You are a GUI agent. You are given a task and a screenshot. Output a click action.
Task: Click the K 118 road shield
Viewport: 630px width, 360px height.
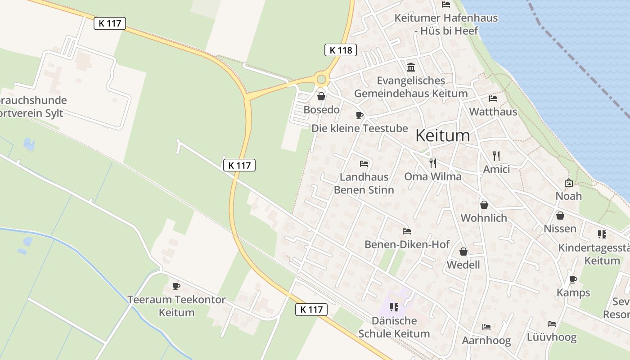[x=341, y=50]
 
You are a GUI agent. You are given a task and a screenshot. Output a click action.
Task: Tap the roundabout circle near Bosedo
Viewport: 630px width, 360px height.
[x=321, y=80]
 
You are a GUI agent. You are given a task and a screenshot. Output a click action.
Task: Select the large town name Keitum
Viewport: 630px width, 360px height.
[x=443, y=135]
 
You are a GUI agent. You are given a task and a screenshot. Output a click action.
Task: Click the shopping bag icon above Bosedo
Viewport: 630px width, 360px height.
[x=321, y=96]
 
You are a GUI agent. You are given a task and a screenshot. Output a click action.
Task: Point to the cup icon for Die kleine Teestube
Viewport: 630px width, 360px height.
[x=359, y=115]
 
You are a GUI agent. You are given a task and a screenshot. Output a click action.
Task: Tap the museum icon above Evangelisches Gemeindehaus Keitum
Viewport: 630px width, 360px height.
[x=411, y=67]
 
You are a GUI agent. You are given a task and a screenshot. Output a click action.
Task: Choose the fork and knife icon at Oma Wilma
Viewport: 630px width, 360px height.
[x=433, y=163]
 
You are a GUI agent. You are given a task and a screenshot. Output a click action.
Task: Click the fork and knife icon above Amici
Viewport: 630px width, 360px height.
[x=496, y=156]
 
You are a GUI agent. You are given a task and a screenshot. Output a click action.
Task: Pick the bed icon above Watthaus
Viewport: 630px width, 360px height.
[x=493, y=98]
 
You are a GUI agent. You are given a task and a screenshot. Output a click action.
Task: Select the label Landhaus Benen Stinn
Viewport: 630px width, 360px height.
[x=364, y=184]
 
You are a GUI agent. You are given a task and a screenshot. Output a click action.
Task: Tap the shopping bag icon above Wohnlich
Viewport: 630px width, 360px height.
[x=484, y=205]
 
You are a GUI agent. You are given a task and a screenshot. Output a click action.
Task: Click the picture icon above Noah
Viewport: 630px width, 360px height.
[x=569, y=183]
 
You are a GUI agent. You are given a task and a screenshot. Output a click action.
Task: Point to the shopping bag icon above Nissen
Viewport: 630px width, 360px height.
[x=560, y=216]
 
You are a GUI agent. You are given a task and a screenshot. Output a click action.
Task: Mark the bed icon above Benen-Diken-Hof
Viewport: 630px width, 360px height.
[x=407, y=231]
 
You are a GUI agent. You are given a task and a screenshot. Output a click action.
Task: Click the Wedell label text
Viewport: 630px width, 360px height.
[x=463, y=265]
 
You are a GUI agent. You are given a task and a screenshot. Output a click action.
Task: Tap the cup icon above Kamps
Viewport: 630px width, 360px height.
[x=573, y=279]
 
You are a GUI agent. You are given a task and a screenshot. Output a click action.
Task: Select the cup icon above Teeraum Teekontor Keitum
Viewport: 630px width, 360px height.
[x=176, y=286]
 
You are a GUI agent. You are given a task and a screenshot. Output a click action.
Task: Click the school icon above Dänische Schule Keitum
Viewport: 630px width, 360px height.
[x=394, y=307]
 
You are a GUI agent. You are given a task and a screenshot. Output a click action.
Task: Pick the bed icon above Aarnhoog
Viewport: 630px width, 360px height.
[x=486, y=327]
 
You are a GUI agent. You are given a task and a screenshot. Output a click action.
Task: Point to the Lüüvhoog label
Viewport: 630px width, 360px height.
[x=552, y=337]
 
